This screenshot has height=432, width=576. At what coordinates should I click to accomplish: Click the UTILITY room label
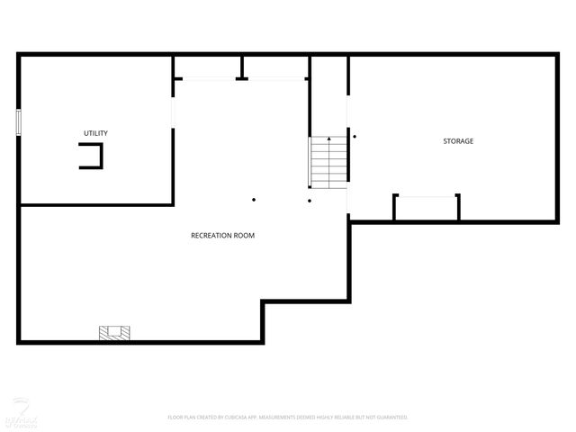point(95,133)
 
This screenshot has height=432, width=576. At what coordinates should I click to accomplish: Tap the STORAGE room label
point(457,141)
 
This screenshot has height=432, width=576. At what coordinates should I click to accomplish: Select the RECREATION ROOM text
point(222,236)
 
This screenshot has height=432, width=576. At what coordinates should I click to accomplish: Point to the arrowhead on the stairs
point(328,139)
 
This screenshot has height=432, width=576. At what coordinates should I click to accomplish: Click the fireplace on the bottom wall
point(114,333)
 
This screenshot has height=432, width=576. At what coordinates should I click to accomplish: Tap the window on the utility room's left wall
point(18,122)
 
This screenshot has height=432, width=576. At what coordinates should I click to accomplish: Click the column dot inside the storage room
point(355,137)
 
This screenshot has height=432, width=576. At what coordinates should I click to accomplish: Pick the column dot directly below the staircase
point(309,200)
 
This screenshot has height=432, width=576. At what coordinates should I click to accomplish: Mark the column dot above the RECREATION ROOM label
point(254,199)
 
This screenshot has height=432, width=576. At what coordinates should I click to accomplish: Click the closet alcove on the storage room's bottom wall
point(427,207)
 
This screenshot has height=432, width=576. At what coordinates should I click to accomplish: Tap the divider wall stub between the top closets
point(241,68)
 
